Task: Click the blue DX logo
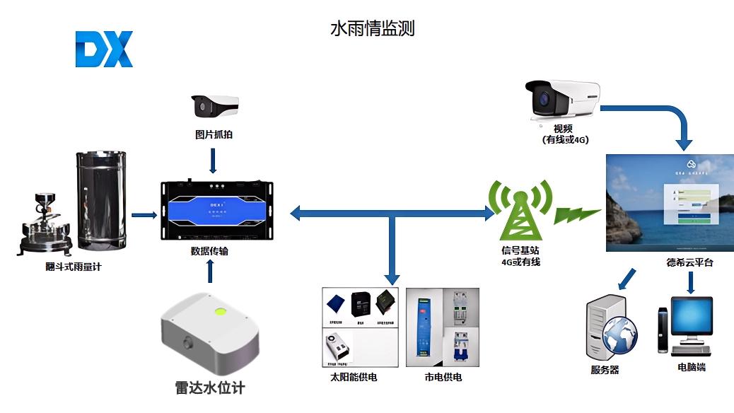point(104,50)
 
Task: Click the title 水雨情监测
point(372,28)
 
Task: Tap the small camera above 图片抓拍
point(213,106)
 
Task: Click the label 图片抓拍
point(214,134)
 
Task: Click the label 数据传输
point(209,250)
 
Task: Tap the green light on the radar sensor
point(220,310)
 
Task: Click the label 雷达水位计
point(210,388)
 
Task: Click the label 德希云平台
point(689,262)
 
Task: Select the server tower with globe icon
point(610,330)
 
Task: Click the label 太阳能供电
point(353,378)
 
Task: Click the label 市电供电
point(443,378)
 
